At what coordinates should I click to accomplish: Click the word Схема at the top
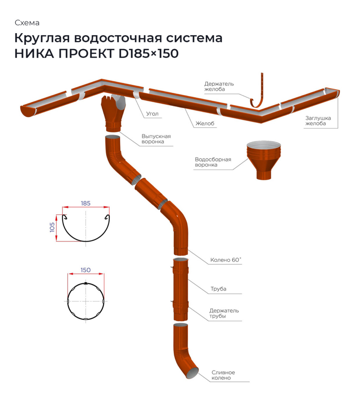tap(27, 23)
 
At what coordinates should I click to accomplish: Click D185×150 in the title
tap(148, 54)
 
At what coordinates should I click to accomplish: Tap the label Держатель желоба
tap(219, 86)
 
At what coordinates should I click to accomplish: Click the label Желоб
tap(205, 124)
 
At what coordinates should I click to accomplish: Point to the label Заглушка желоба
tap(315, 121)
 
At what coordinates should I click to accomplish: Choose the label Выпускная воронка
tap(156, 139)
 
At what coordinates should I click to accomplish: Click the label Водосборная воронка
tap(212, 162)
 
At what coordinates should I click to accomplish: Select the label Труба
tap(218, 289)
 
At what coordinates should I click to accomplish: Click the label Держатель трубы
tap(224, 313)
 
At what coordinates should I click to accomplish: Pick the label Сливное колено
tap(223, 375)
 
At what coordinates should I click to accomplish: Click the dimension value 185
tap(86, 203)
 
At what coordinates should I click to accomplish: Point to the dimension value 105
tap(52, 228)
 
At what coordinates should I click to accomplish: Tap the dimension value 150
tap(86, 270)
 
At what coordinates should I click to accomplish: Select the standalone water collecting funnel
tap(264, 160)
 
